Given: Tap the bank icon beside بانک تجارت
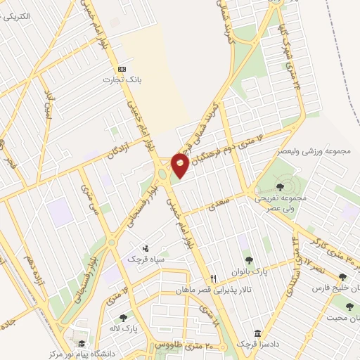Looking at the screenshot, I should click(x=122, y=69).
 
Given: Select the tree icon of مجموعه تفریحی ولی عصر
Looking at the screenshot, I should click(x=281, y=187).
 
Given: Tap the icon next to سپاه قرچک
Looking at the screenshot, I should click(x=146, y=247).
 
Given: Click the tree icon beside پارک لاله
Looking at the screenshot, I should click(x=123, y=318).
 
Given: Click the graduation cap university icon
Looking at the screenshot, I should click(x=82, y=344).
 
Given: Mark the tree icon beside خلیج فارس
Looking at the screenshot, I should click(x=342, y=277).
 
